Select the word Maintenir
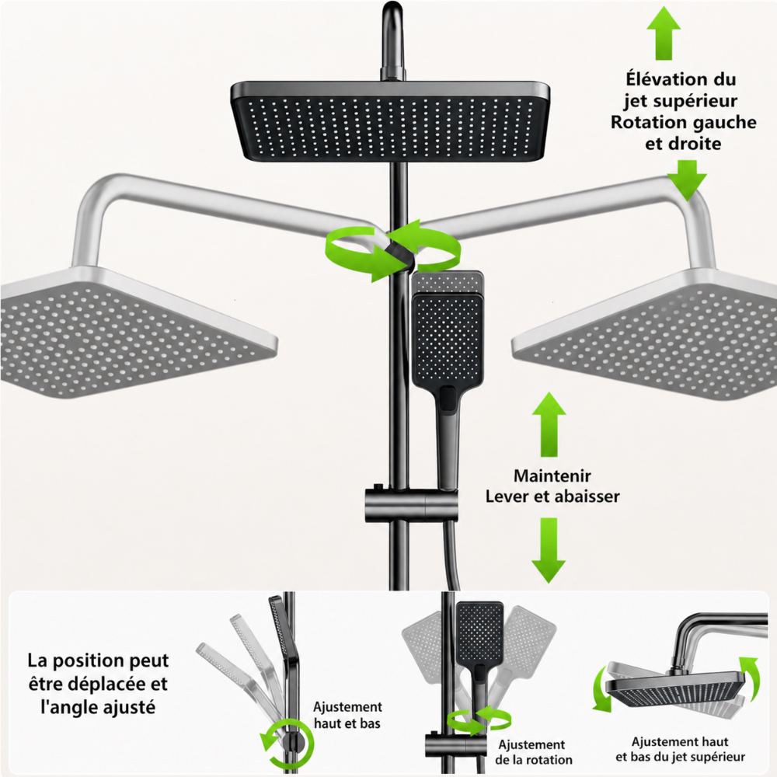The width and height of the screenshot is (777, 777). (x=552, y=476)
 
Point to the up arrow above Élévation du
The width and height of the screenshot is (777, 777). (x=664, y=33)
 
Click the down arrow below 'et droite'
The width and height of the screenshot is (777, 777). (x=687, y=180)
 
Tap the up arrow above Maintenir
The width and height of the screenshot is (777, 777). (x=549, y=424)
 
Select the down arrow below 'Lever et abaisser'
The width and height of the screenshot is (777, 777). (x=549, y=550)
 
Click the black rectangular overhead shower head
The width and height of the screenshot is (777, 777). (x=391, y=122)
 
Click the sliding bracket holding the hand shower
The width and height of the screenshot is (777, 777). (x=411, y=505)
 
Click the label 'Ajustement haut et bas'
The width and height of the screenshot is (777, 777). (x=347, y=715)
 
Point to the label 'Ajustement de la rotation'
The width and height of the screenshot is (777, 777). (x=533, y=752)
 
